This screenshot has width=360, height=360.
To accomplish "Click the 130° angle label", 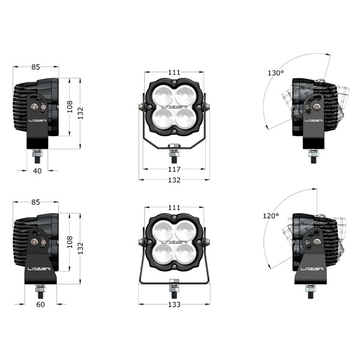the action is coord(276,73).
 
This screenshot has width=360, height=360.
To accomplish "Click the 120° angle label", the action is coord(271,216).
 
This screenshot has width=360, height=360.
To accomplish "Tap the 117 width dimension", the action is coord(174,169).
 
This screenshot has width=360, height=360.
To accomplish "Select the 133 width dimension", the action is coord(174,304).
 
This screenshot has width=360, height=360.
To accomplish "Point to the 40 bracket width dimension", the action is coord(37,171).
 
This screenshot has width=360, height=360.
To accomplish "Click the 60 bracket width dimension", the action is coord(40,304).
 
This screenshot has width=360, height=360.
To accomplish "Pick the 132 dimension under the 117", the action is coord(174,180).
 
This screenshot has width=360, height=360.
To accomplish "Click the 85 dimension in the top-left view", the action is coord(35,67).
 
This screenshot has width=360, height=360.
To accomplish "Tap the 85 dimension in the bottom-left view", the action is coord(35,202).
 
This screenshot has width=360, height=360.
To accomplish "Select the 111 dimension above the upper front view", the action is coord(174,73).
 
